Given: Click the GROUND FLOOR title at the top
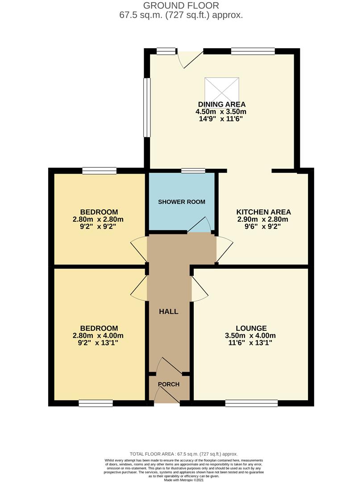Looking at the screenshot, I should (x=181, y=6).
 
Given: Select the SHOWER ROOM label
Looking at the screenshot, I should (x=182, y=202).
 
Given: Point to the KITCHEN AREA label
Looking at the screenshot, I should (x=263, y=212).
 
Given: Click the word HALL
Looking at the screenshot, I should (x=169, y=312).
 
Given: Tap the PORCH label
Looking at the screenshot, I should (x=169, y=384).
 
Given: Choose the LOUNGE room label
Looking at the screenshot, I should (x=252, y=328).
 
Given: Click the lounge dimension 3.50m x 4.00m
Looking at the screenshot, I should (x=252, y=336).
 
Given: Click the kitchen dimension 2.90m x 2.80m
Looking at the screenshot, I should (x=263, y=219).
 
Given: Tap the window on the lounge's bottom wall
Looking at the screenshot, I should (x=251, y=403).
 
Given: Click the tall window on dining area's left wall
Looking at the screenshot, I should (x=146, y=108).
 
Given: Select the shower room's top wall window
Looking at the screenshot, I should (x=193, y=170).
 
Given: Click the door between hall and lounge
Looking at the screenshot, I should (x=199, y=289).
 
